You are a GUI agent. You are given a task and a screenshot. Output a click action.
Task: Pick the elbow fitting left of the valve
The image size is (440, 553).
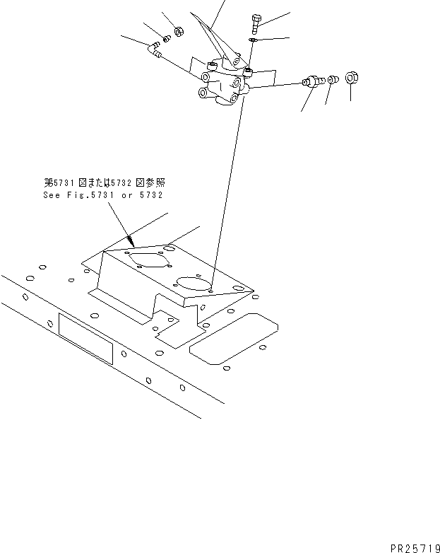[155, 50]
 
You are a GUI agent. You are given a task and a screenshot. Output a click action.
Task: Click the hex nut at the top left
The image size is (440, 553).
[179, 31]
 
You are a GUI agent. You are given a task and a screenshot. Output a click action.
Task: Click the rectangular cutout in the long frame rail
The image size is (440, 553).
[85, 339]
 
